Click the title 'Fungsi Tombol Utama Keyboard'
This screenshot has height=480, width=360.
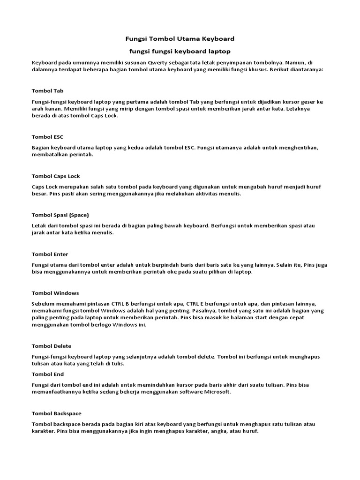pyautogui.click(x=180, y=38)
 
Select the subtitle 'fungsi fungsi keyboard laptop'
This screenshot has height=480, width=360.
pyautogui.click(x=180, y=51)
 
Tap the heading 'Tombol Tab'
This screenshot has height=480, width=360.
pyautogui.click(x=47, y=90)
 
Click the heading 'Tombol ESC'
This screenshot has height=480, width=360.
pyautogui.click(x=47, y=137)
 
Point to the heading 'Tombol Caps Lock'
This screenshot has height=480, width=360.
pyautogui.click(x=56, y=176)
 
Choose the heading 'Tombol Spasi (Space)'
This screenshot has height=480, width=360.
pyautogui.click(x=60, y=215)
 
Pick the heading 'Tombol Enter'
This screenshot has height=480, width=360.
pyautogui.click(x=50, y=254)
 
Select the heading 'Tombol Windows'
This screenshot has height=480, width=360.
pyautogui.click(x=55, y=293)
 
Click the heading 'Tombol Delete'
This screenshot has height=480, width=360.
pyautogui.click(x=52, y=346)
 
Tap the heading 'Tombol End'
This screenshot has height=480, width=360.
pyautogui.click(x=48, y=375)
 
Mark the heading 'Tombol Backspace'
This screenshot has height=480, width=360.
pyautogui.click(x=56, y=413)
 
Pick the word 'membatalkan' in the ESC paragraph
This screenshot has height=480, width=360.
pyautogui.click(x=49, y=155)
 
